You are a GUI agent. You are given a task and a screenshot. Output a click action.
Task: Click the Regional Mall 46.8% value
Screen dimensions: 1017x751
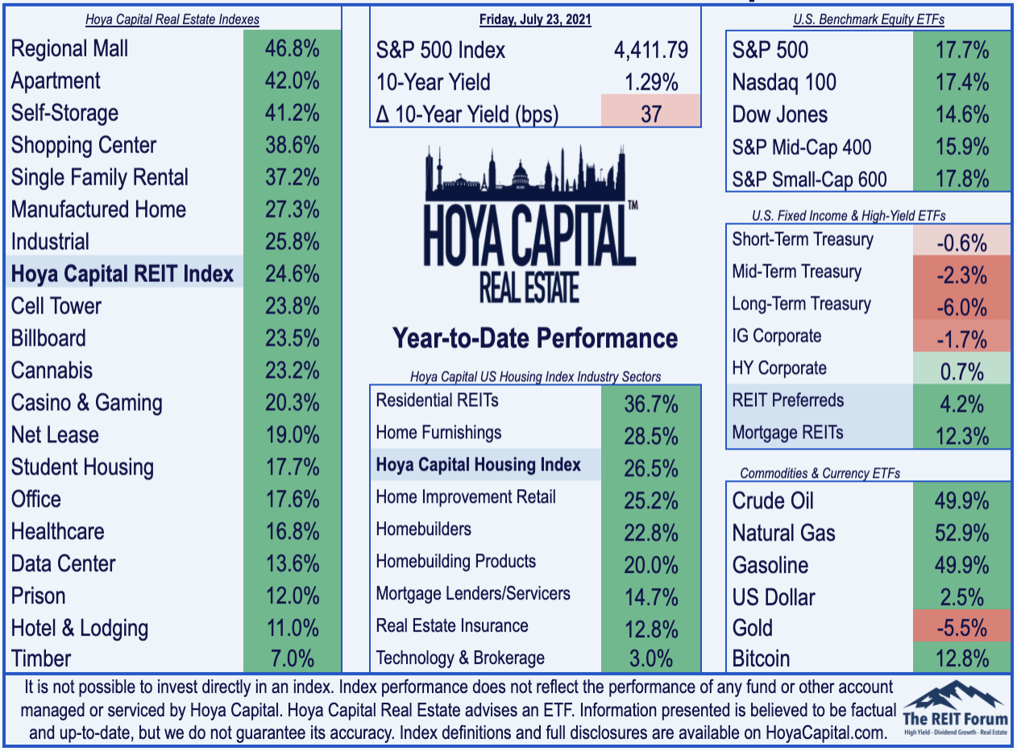tap(292, 48)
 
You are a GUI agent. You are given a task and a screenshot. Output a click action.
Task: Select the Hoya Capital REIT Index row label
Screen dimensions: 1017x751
tap(122, 274)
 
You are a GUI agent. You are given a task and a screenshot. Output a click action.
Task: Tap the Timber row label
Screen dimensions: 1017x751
tap(41, 658)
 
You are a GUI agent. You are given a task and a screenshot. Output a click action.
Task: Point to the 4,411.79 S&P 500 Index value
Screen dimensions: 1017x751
tap(651, 50)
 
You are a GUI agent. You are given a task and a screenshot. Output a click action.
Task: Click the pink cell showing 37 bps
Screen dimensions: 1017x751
tap(650, 110)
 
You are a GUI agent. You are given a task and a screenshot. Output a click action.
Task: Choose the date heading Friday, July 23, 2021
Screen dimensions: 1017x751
tap(535, 19)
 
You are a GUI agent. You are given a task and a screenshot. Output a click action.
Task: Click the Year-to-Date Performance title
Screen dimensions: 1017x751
tap(535, 338)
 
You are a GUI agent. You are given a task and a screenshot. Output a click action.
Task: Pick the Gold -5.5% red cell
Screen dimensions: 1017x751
tap(961, 626)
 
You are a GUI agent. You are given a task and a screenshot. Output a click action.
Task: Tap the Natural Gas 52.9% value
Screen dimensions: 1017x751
tap(961, 533)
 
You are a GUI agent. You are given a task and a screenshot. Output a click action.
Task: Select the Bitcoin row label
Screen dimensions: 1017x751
tap(761, 658)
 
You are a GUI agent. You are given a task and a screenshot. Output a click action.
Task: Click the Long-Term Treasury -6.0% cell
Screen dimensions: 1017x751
tap(961, 304)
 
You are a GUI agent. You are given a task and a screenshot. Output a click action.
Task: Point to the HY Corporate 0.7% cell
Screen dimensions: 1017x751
tap(961, 368)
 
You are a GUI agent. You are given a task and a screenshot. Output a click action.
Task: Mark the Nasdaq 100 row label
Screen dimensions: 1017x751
tap(784, 82)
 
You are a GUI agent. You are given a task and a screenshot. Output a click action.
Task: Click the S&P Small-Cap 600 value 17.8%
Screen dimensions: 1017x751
tap(961, 179)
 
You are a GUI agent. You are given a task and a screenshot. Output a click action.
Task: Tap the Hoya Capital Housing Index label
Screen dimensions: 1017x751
tap(478, 464)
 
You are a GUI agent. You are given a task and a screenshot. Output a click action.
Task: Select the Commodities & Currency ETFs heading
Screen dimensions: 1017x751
tap(820, 473)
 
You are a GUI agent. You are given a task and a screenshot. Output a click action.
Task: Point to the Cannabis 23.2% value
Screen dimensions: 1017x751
tap(292, 371)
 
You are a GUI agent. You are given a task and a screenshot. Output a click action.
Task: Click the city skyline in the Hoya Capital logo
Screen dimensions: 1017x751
tap(525, 173)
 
